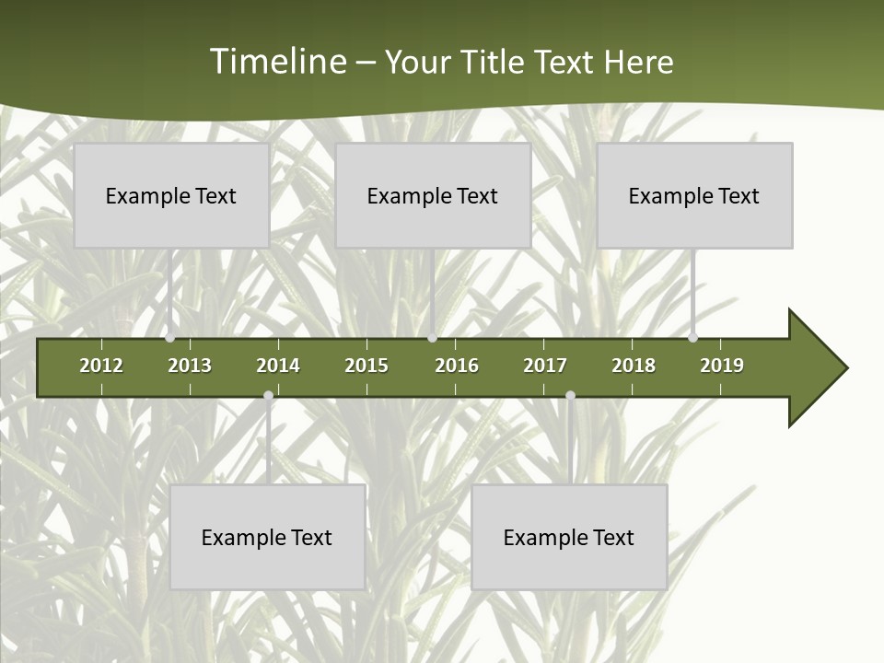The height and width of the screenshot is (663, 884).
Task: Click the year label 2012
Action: click(x=101, y=366)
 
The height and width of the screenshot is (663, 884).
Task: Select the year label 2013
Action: click(x=190, y=366)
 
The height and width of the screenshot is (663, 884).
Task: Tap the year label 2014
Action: click(x=278, y=366)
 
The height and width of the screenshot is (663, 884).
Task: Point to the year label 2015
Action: click(x=366, y=366)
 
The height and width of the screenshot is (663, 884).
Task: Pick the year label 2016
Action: click(x=457, y=366)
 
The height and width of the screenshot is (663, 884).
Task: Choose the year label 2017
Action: click(x=545, y=366)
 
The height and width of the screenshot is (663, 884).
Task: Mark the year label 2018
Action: click(x=634, y=366)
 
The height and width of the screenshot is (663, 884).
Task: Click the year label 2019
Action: click(x=722, y=366)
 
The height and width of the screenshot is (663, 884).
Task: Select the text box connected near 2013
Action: click(x=171, y=195)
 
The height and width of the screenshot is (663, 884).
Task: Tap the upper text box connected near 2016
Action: click(x=433, y=195)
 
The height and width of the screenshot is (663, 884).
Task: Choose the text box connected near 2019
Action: click(x=694, y=195)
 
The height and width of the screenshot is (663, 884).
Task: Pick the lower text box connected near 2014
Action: click(x=267, y=537)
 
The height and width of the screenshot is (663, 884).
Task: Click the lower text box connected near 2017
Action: click(x=569, y=537)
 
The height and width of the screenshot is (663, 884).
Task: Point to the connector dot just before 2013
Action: click(x=170, y=338)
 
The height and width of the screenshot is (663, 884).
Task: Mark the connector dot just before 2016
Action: click(x=433, y=338)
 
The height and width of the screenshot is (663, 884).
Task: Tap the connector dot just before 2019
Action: click(x=693, y=338)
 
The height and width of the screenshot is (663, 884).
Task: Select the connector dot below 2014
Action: click(x=268, y=396)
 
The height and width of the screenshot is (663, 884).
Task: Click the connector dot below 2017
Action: click(x=570, y=396)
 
